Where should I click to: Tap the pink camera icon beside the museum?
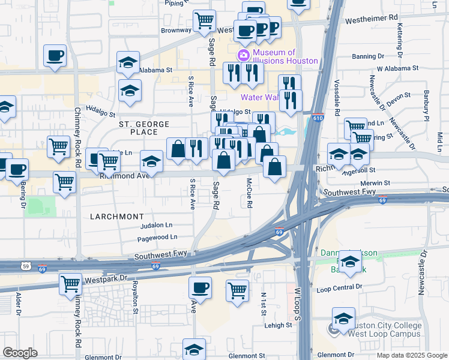click(244, 56)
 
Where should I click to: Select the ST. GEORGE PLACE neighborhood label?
click(144, 124)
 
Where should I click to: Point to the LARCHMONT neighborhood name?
click(116, 216)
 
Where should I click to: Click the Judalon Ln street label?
click(155, 225)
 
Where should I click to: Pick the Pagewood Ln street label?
click(157, 237)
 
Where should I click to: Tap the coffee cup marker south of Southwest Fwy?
click(200, 287)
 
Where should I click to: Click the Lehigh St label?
click(279, 325)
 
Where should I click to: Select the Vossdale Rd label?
click(337, 97)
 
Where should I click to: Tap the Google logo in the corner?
click(20, 353)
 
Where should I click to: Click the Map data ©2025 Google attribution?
click(411, 355)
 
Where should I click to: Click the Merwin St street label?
click(375, 183)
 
